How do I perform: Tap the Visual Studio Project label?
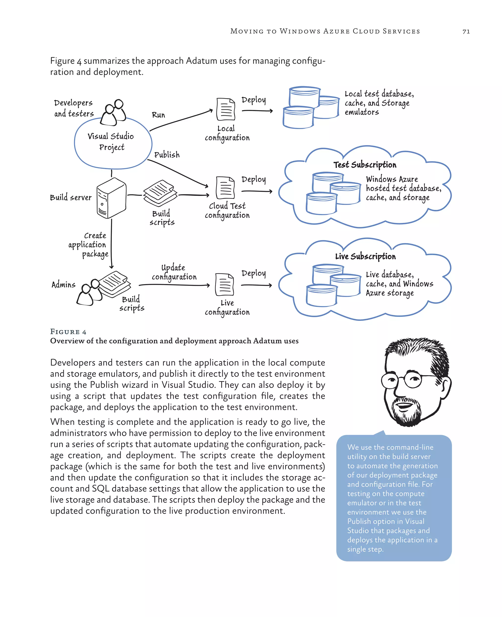coord(111,142)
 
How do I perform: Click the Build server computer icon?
coord(111,198)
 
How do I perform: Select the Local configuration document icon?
coord(226,109)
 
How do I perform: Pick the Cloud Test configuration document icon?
coord(225,188)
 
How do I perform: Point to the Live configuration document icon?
coord(224,284)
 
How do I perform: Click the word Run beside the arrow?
coord(158,115)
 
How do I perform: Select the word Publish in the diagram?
coord(167,155)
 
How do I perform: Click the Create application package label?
coord(88,245)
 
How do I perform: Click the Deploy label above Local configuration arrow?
coord(254,100)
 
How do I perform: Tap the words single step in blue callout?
coord(365,549)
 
